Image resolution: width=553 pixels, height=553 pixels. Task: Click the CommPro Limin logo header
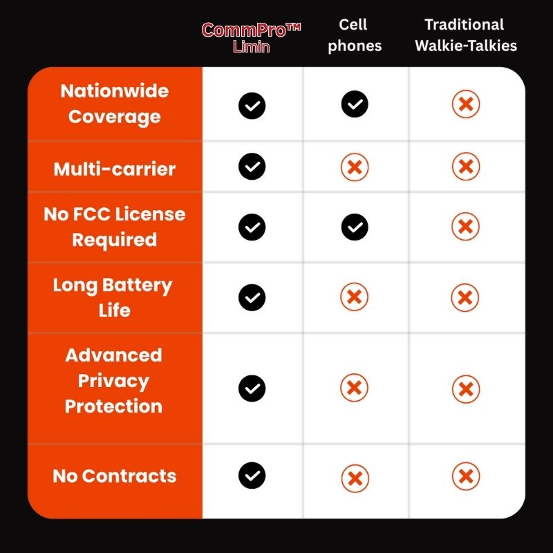pyautogui.click(x=251, y=38)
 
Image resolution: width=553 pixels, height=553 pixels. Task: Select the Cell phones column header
pyautogui.click(x=355, y=35)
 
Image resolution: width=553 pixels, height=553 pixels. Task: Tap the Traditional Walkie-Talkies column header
pyautogui.click(x=465, y=35)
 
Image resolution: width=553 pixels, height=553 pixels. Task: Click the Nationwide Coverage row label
pyautogui.click(x=115, y=104)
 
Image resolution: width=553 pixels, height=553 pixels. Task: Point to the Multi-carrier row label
pyautogui.click(x=115, y=169)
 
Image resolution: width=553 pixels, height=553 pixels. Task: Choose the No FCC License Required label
pyautogui.click(x=115, y=227)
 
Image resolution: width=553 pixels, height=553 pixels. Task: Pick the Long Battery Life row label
pyautogui.click(x=113, y=297)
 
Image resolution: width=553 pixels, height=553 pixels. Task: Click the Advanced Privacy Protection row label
pyautogui.click(x=113, y=381)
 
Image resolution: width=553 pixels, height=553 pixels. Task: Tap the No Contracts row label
pyautogui.click(x=115, y=476)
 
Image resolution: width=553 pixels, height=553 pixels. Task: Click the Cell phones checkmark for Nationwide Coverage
pyautogui.click(x=355, y=104)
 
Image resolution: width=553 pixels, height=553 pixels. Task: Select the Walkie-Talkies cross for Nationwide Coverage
pyautogui.click(x=466, y=104)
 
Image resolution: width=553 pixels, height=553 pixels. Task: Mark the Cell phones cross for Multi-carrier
pyautogui.click(x=355, y=167)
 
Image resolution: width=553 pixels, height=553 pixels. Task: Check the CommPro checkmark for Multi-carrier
pyautogui.click(x=252, y=167)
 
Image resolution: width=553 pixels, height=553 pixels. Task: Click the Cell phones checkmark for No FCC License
pyautogui.click(x=355, y=227)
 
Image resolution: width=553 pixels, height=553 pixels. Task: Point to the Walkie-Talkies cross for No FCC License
pyautogui.click(x=465, y=227)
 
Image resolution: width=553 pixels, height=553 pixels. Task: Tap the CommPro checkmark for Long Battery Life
pyautogui.click(x=252, y=297)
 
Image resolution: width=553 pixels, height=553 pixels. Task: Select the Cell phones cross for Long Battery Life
pyautogui.click(x=355, y=297)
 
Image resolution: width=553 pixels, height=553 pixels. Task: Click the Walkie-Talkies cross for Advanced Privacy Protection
pyautogui.click(x=466, y=389)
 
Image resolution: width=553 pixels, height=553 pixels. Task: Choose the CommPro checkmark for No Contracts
pyautogui.click(x=252, y=476)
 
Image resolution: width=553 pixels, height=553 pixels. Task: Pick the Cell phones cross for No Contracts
pyautogui.click(x=355, y=478)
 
